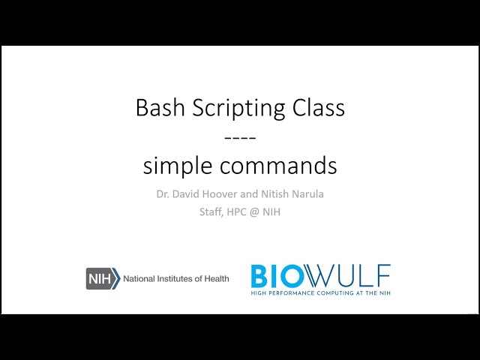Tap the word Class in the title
(319, 108)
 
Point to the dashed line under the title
(240, 136)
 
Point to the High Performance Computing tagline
(320, 292)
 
